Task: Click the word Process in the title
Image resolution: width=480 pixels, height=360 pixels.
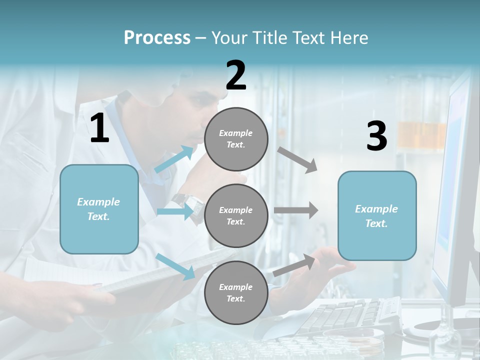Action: [x=157, y=38]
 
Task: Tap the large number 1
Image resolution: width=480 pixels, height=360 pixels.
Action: [x=99, y=128]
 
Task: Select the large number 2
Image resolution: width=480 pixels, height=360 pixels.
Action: [x=236, y=75]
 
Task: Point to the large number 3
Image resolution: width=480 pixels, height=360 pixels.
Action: [x=376, y=136]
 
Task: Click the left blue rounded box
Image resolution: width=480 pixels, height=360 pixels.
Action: [x=99, y=209]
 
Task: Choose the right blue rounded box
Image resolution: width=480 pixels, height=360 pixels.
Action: [x=377, y=215]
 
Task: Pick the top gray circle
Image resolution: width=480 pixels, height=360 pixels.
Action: [x=236, y=139]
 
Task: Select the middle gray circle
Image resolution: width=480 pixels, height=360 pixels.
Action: [x=236, y=215]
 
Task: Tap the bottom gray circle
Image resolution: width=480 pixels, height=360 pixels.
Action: [x=236, y=292]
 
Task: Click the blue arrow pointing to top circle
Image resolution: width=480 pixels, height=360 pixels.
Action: [x=174, y=159]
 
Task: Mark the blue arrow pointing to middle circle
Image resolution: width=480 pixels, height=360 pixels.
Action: [x=175, y=212]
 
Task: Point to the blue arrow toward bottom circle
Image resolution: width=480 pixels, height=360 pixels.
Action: [x=175, y=266]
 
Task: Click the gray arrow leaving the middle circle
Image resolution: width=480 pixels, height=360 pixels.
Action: [x=296, y=210]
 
